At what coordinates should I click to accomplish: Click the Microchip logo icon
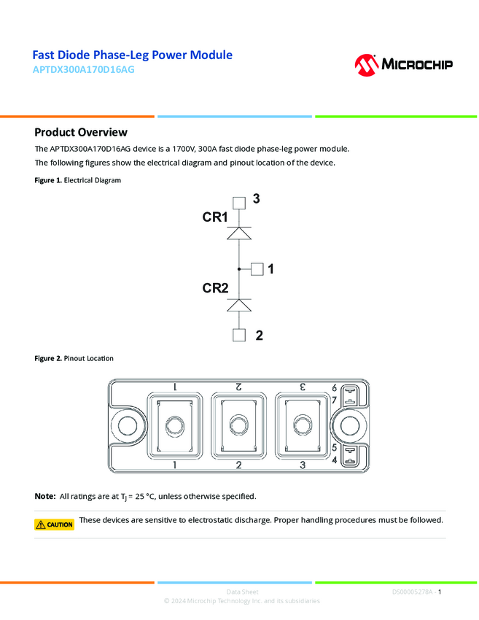click(365, 65)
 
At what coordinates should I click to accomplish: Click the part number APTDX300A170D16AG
click(84, 71)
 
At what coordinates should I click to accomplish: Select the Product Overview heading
click(81, 132)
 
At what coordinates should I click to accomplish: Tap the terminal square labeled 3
click(239, 204)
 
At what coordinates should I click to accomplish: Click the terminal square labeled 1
click(257, 269)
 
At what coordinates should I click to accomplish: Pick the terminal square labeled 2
click(239, 336)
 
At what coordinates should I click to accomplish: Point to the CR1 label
click(215, 217)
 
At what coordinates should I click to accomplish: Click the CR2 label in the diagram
click(215, 289)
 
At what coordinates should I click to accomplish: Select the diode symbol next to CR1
click(239, 233)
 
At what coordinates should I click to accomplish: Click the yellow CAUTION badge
click(55, 524)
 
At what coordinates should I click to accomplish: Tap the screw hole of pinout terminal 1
click(174, 426)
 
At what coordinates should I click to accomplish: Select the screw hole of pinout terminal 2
click(238, 426)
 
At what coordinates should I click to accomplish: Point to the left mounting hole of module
click(127, 426)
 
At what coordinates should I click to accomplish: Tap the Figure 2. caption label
click(48, 359)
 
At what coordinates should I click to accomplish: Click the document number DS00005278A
click(413, 592)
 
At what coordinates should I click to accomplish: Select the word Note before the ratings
click(44, 497)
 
